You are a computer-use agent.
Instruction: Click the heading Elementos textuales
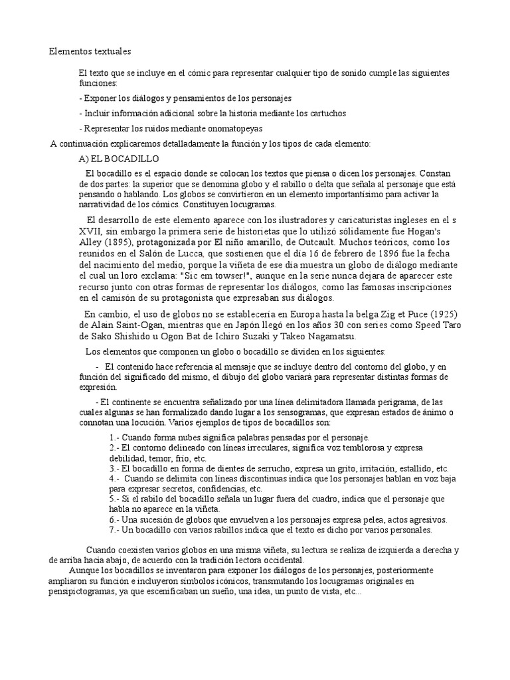[x=90, y=50]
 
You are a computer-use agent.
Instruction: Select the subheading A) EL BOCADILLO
[x=118, y=159]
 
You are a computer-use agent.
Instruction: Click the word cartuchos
[x=325, y=113]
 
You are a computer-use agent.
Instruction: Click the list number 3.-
[x=114, y=468]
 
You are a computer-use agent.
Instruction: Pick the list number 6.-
[x=114, y=519]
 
